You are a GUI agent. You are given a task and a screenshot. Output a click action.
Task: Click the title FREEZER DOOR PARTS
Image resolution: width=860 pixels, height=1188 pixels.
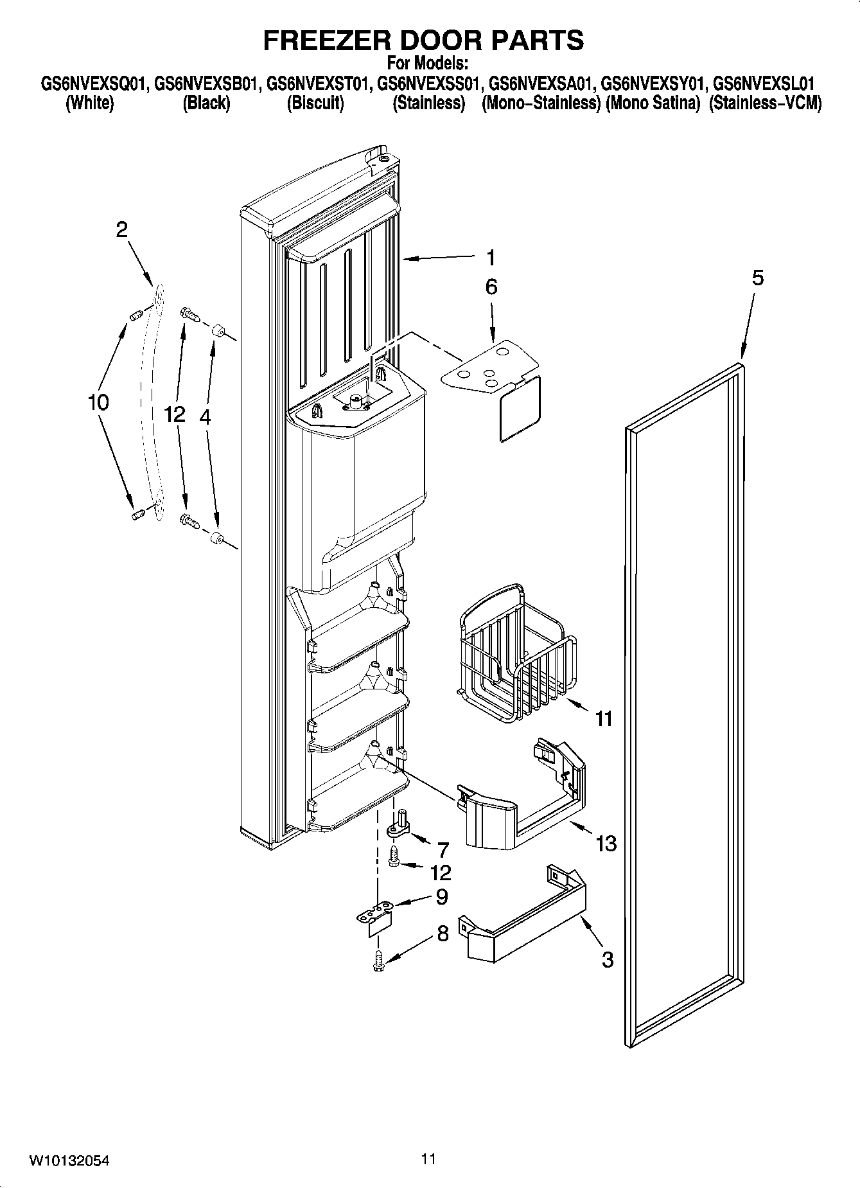point(424,40)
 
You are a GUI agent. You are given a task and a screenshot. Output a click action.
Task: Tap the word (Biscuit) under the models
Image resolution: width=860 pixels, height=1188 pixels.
point(315,103)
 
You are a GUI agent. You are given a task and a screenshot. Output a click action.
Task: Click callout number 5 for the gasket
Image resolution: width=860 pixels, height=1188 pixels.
point(758,278)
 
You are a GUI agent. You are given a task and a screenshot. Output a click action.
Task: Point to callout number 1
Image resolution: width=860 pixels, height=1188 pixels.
point(490,258)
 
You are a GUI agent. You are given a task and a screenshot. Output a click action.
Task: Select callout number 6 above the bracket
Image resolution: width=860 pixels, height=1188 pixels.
point(491,287)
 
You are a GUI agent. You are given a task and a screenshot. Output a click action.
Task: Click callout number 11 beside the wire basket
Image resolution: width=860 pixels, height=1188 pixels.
point(604,718)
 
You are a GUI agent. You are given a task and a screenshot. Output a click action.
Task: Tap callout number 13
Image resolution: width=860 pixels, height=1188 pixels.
point(606,843)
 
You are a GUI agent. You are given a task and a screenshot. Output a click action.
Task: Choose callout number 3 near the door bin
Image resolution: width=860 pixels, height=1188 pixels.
point(607,959)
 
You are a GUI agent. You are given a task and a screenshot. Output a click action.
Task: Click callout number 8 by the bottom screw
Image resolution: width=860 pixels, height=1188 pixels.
point(443,933)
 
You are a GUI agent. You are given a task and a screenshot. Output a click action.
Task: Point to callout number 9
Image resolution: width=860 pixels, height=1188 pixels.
point(442,896)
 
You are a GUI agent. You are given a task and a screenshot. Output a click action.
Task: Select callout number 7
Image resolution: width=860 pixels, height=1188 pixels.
point(443,849)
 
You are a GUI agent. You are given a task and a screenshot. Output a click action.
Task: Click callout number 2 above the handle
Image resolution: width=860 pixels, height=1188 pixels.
point(122,229)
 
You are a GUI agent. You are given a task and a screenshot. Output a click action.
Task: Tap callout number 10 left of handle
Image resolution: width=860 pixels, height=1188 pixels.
point(98,402)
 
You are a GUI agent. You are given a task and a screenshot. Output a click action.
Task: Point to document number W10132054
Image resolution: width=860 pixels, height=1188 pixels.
point(69,1160)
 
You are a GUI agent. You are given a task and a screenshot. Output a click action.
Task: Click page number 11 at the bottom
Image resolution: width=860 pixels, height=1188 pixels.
point(428,1158)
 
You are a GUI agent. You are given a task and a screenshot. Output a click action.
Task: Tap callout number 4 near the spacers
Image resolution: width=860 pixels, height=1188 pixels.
point(204,416)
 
